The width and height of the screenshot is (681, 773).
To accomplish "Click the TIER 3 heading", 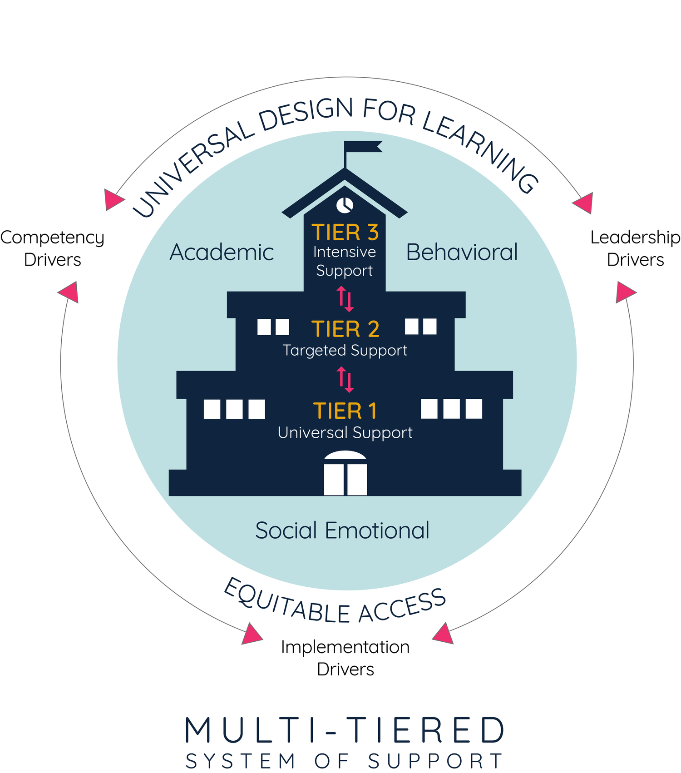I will (x=345, y=233).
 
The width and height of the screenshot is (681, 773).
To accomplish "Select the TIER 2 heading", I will (x=345, y=329).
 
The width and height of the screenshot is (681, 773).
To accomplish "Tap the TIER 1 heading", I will (x=345, y=411).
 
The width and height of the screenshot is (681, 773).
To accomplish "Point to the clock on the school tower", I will (x=345, y=205).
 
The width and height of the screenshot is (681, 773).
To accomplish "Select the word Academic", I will (x=222, y=253).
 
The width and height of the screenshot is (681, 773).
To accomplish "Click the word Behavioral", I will (x=462, y=253).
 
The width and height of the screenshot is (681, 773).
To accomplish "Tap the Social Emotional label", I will (x=342, y=530).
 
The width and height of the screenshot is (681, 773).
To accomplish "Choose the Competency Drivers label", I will (x=52, y=248).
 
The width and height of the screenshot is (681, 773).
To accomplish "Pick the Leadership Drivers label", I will (x=635, y=248).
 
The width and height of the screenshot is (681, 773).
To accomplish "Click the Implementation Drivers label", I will (x=345, y=658).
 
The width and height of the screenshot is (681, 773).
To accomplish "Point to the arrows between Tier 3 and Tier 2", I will (x=345, y=298).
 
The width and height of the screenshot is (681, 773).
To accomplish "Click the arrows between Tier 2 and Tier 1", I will (x=345, y=380).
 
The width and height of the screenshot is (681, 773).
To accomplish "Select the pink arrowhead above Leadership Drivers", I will (x=584, y=203).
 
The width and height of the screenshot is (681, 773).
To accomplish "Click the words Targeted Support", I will (x=345, y=351).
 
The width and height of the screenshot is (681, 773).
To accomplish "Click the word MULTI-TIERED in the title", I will (x=345, y=730).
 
